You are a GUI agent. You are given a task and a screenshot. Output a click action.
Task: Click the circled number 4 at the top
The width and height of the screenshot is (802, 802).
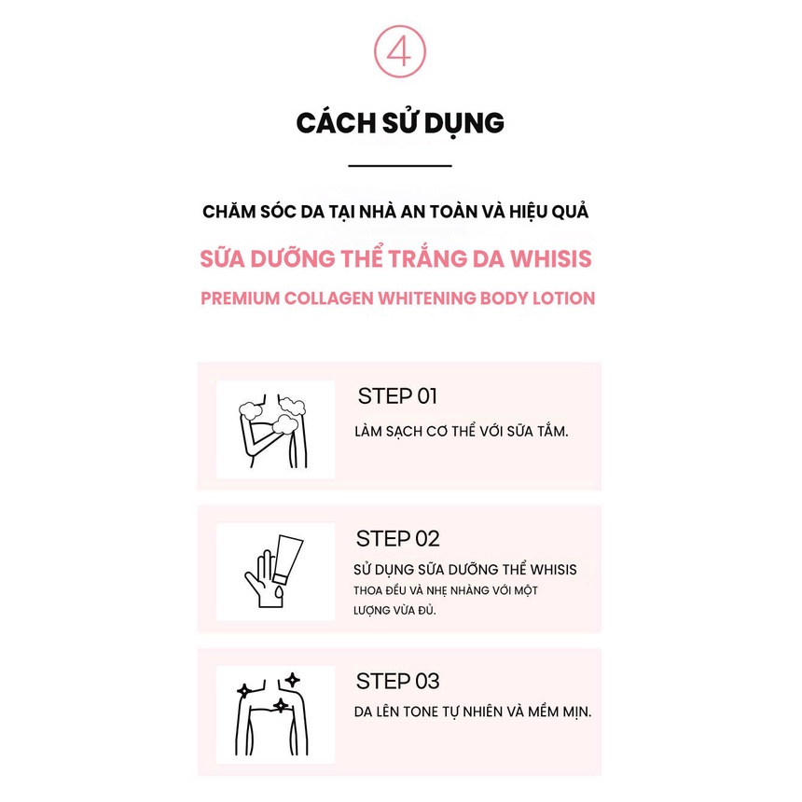click(399, 53)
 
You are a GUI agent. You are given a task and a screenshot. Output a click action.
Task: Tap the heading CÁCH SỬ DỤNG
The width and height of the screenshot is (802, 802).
click(400, 123)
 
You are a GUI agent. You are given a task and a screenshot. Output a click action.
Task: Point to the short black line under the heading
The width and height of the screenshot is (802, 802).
click(399, 166)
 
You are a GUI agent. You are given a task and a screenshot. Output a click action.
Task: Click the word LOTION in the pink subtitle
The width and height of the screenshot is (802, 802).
click(562, 299)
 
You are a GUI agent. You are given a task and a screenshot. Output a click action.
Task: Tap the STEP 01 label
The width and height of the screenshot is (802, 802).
click(397, 395)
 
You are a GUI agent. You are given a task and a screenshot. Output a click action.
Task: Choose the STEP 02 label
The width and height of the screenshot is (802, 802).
click(397, 538)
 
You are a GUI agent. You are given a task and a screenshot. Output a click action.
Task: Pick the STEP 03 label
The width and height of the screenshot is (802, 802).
click(397, 681)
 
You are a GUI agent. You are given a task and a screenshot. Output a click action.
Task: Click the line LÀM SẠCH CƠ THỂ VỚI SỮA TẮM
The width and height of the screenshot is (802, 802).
click(462, 433)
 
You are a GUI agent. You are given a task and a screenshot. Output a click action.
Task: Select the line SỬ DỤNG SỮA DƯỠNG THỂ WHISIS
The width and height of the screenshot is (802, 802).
click(466, 570)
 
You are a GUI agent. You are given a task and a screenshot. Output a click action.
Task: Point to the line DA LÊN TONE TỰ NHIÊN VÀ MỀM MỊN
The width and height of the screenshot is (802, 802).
click(474, 712)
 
